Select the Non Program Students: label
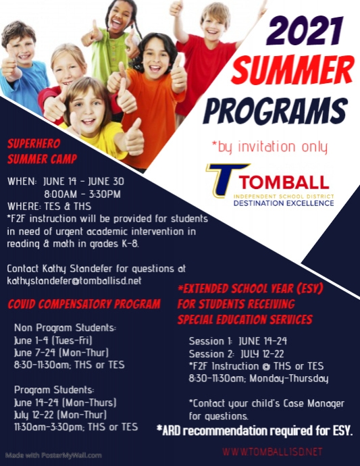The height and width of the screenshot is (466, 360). click(65, 328)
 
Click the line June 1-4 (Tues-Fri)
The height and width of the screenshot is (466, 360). click(53, 340)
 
